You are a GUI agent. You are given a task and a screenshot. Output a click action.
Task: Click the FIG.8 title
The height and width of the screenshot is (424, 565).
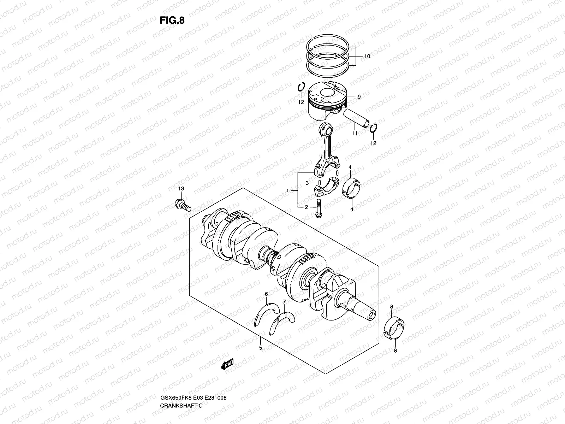pyautogui.click(x=172, y=20)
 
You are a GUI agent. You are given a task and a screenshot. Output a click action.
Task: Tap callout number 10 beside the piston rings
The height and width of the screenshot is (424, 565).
pyautogui.click(x=367, y=56)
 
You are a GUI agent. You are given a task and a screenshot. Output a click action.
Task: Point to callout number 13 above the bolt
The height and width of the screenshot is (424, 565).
pyautogui.click(x=181, y=189)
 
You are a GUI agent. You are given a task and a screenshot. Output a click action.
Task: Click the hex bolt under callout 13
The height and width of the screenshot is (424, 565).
pyautogui.click(x=182, y=205)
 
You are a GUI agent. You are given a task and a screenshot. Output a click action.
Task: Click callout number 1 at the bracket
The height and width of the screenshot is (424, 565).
pyautogui.click(x=287, y=190)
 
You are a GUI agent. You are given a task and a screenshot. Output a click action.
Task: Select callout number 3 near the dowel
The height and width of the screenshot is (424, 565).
pyautogui.click(x=307, y=183)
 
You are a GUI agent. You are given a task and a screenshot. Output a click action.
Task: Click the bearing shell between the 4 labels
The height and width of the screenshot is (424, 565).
pyautogui.click(x=352, y=187)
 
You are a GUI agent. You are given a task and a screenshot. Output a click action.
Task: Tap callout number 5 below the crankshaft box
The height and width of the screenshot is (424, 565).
pyautogui.click(x=261, y=348)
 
